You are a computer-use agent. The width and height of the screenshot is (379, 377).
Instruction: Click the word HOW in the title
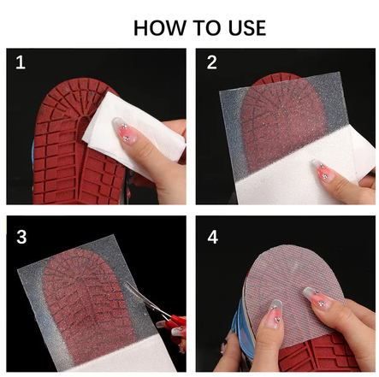[160, 28]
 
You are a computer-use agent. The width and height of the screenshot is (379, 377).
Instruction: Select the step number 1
[21, 62]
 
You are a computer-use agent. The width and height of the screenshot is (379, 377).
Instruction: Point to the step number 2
[212, 62]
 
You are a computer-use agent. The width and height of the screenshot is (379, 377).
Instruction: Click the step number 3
[21, 237]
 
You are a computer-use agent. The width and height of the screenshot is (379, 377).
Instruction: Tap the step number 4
[213, 237]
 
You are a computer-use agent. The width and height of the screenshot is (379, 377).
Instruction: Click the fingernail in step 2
[323, 171]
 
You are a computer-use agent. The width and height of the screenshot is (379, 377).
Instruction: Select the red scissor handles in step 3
[175, 323]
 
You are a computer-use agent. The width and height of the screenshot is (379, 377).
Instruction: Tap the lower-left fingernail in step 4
[273, 315]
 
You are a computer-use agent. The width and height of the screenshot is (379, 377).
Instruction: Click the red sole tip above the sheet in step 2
[276, 78]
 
